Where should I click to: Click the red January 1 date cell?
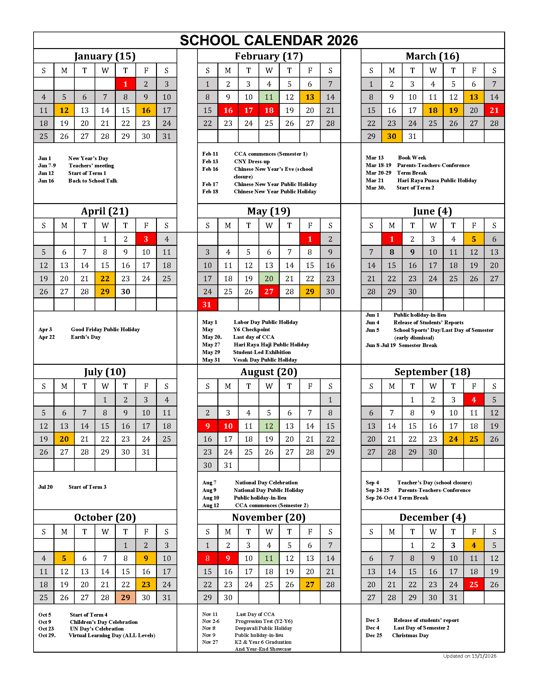(125, 84)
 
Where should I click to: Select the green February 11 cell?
(269, 97)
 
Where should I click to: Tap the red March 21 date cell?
(494, 110)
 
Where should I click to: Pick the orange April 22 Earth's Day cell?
(105, 278)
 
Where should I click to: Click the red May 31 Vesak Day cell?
(207, 305)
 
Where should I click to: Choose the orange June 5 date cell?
(474, 239)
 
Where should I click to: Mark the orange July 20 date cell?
(64, 439)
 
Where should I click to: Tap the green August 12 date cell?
(269, 426)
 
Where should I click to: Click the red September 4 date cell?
(474, 400)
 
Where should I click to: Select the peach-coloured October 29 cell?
(125, 598)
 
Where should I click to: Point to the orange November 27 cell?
(310, 584)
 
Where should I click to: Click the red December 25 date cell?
(474, 584)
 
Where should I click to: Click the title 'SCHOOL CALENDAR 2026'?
(269, 40)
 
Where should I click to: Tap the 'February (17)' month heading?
(269, 56)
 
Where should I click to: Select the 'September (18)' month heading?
(432, 372)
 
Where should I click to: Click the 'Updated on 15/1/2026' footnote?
(469, 656)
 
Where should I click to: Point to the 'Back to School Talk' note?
(93, 181)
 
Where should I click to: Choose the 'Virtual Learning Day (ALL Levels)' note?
(112, 635)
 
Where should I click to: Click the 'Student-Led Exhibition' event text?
(262, 352)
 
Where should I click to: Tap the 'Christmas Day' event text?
(410, 635)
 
